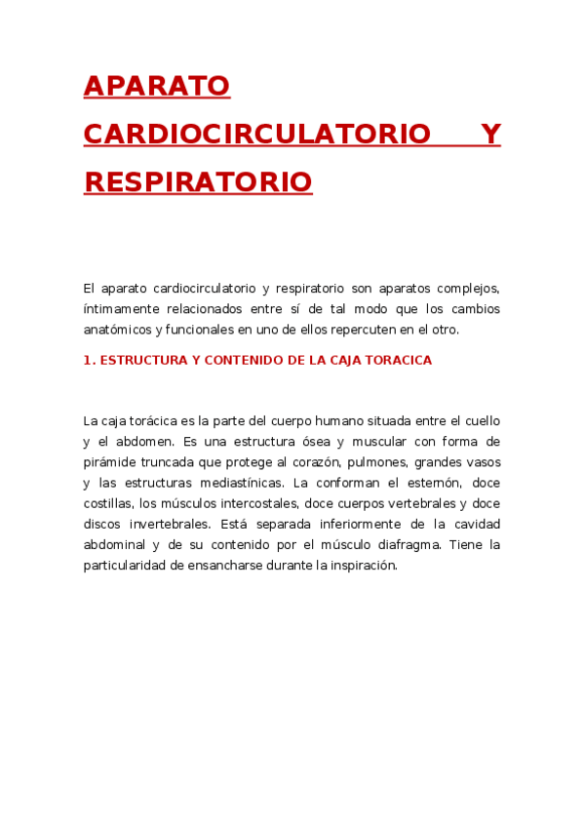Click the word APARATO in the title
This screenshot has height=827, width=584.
(x=156, y=86)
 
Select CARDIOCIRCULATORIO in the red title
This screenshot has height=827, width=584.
(x=257, y=134)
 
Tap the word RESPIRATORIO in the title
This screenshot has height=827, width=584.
(x=198, y=181)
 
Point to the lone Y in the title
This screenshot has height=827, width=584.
(x=491, y=134)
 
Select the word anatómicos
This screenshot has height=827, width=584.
(x=117, y=330)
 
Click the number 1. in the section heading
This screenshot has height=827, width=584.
(x=90, y=360)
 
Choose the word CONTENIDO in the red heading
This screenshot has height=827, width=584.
(x=244, y=360)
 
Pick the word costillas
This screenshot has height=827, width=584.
(x=108, y=503)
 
